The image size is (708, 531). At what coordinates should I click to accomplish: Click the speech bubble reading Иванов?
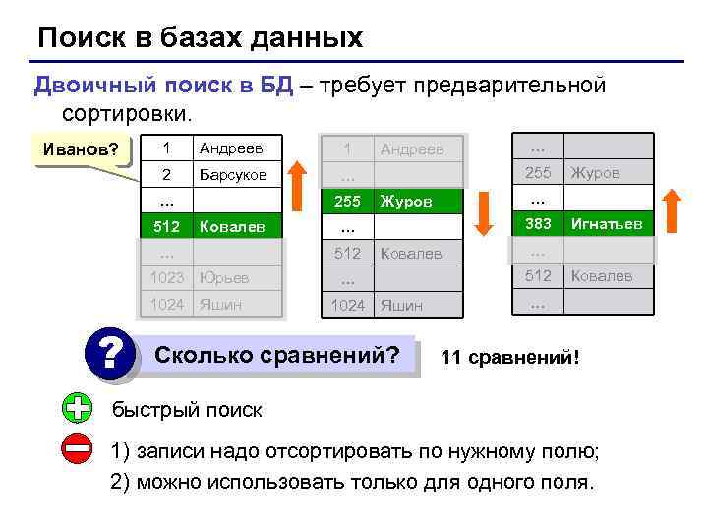tap(78, 150)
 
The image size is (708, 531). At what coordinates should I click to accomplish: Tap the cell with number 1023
tap(166, 278)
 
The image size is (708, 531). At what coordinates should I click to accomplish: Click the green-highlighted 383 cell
tap(538, 224)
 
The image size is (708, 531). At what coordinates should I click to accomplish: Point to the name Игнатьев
tap(606, 224)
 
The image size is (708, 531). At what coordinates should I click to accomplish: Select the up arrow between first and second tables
tap(300, 187)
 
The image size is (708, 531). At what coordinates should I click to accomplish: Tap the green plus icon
tap(76, 408)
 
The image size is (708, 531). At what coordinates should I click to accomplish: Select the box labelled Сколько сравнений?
tap(278, 354)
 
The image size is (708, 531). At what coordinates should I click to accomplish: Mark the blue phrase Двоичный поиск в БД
tap(163, 86)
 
